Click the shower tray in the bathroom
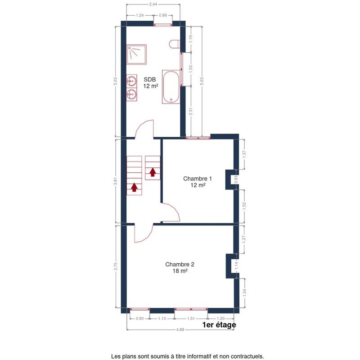136,54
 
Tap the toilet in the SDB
175,44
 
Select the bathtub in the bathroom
171,87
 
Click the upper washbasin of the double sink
131,81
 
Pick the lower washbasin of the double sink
131,94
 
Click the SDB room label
150,80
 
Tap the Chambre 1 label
198,178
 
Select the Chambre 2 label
180,264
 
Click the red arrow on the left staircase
134,187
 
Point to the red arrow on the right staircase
153,172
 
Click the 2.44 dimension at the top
153,4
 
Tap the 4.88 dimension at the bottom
180,330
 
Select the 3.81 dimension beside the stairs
116,181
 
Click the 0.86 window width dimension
163,15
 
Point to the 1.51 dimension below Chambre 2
191,319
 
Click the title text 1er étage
219,325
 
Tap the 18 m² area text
180,271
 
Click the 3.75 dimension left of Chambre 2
116,266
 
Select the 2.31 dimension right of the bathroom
191,112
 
